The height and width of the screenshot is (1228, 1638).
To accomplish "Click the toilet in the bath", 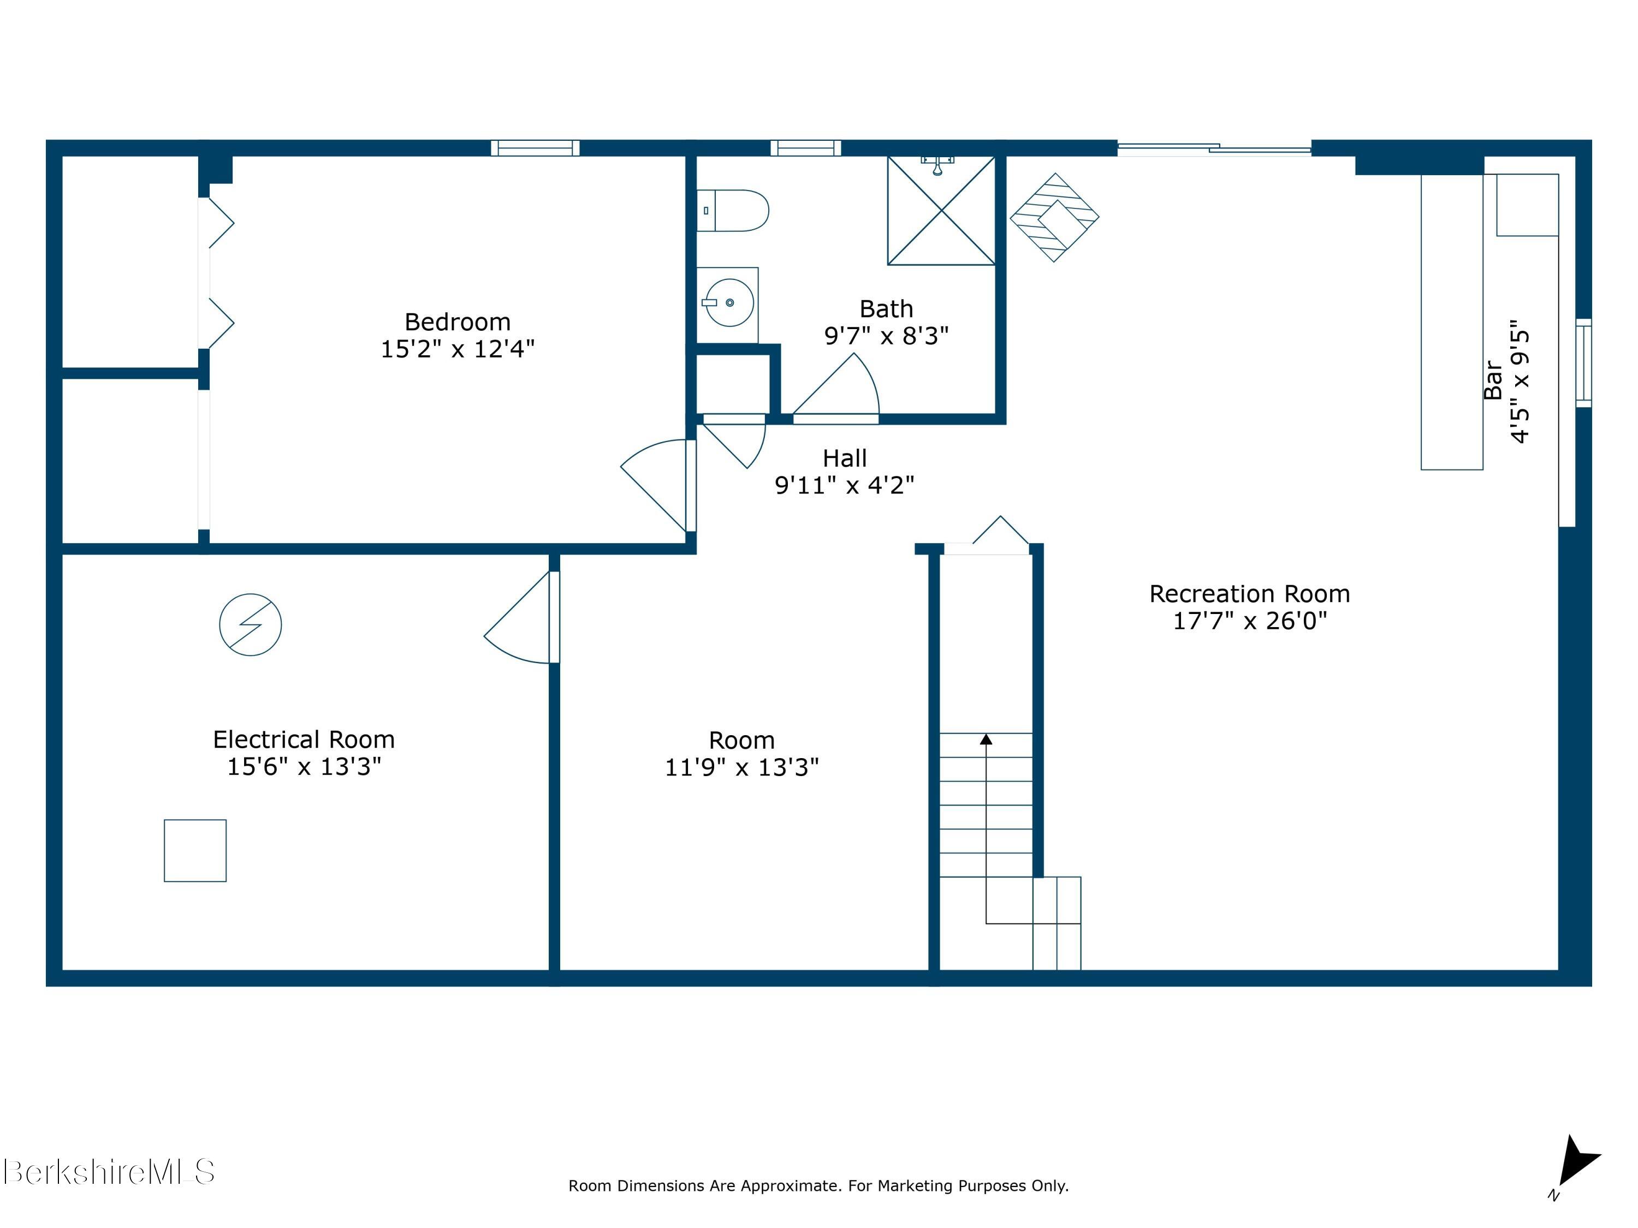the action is pos(732,211).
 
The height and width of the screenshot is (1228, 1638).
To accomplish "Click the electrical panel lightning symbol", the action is pos(250,625).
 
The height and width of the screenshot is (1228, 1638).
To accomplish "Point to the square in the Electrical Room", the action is pos(195,850).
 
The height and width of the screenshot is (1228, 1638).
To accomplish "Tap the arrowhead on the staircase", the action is pos(986,739).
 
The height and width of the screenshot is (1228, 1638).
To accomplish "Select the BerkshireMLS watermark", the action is pos(109,1172).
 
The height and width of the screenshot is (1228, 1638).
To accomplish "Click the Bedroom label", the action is pos(458,322).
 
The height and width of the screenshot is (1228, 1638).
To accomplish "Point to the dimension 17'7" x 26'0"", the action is pos(1250,621).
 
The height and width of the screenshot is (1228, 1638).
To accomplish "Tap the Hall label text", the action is pos(844,458).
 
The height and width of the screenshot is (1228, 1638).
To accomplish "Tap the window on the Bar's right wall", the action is pos(1583,363).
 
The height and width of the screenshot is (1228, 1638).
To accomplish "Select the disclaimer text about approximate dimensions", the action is pos(818,1186).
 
